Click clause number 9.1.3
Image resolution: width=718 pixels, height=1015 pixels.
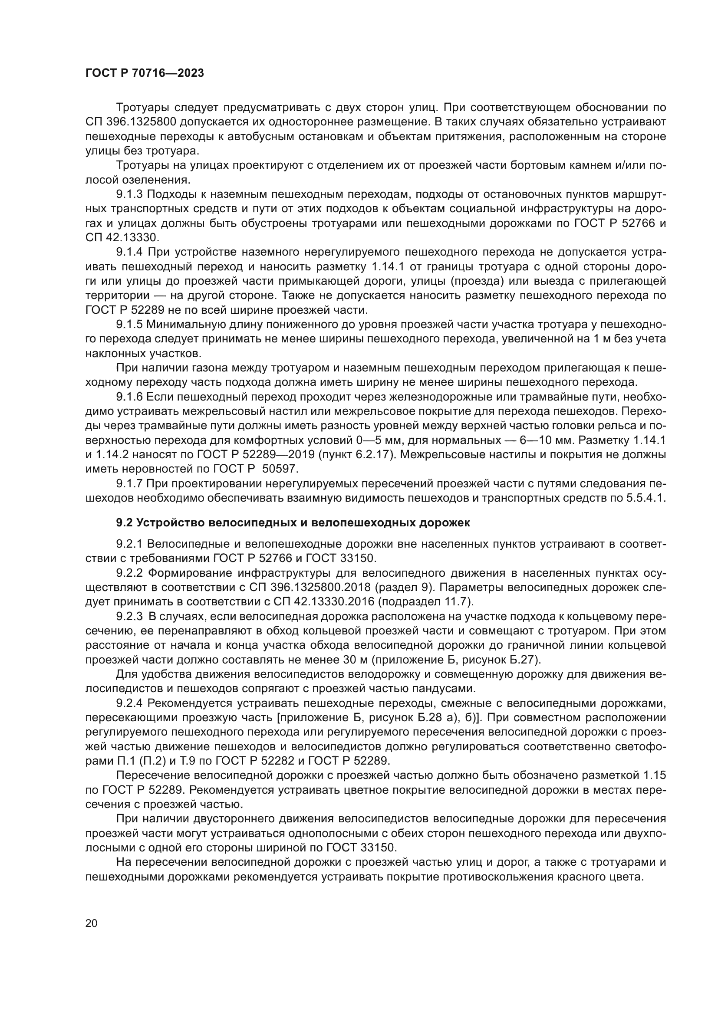[x=129, y=194]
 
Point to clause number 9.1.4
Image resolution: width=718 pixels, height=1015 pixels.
[x=129, y=252]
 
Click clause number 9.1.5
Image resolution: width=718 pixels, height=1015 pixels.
[x=129, y=325]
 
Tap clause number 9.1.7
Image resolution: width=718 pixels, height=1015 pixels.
[x=129, y=483]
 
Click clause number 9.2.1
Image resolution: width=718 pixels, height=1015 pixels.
[x=129, y=544]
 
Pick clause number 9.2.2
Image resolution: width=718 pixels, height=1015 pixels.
[x=129, y=573]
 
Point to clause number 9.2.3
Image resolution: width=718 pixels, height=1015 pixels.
[x=129, y=616]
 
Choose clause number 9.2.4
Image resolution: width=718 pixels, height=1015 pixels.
[x=129, y=703]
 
